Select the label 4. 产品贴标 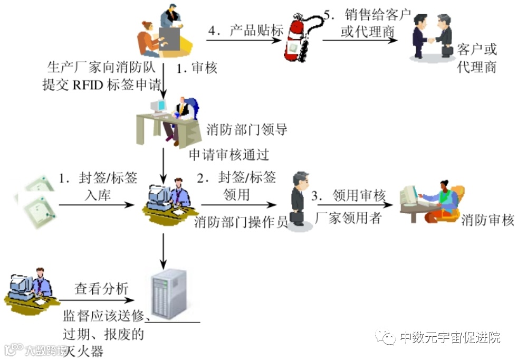point(246,31)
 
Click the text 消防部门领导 point(247,129)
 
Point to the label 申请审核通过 point(229,155)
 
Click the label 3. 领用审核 point(348,195)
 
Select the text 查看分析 point(101,289)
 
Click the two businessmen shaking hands point(432,37)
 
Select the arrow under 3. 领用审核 point(351,206)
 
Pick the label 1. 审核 point(196,68)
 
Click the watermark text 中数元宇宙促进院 point(450,337)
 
